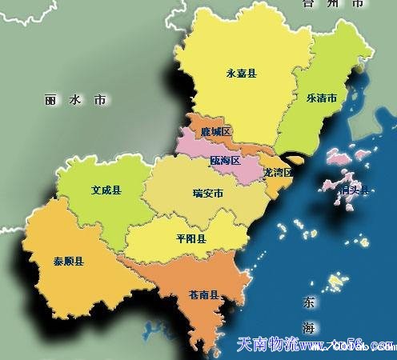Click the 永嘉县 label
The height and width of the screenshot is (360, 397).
[x=241, y=73]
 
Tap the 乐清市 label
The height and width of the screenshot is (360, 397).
[x=321, y=98]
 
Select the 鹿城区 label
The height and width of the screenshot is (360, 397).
[x=216, y=130]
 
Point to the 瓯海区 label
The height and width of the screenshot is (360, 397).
[x=226, y=161]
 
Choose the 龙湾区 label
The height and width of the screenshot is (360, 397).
[x=277, y=172]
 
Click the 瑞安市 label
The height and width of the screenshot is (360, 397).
[x=207, y=193]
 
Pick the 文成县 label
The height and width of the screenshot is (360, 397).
[x=106, y=191]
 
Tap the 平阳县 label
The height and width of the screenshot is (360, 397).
[x=190, y=238]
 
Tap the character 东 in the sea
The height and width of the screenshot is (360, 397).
[x=309, y=303]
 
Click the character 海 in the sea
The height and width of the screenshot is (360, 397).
[x=309, y=328]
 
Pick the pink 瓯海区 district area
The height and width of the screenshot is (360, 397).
[x=200, y=148]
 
